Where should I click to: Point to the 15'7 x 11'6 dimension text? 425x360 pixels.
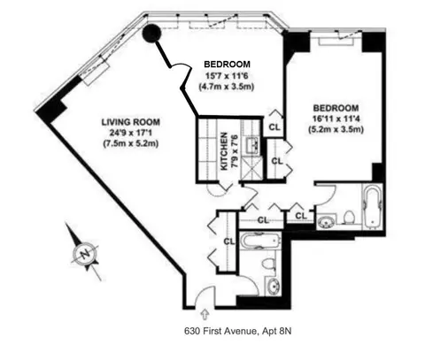pos(227,77)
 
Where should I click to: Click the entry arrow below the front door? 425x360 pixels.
pos(206,311)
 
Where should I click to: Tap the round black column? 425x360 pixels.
pos(152,34)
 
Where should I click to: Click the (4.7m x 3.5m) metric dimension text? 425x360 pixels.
pos(227,88)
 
